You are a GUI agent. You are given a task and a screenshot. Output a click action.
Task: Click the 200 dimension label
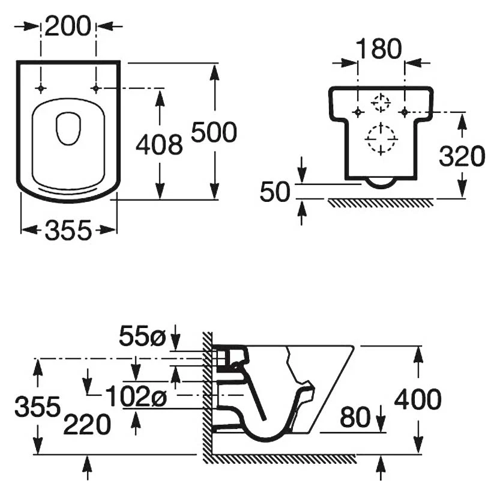(x=68, y=26)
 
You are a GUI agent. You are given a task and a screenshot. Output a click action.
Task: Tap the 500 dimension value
(x=214, y=132)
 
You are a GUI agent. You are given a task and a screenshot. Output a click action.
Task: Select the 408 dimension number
(x=159, y=145)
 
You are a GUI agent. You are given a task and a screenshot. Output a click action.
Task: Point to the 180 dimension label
(x=379, y=49)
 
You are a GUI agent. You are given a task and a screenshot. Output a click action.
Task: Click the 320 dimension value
(x=462, y=156)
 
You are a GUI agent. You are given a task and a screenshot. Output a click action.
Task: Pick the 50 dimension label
(x=275, y=192)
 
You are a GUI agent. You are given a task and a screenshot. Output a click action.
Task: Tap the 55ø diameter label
(x=142, y=336)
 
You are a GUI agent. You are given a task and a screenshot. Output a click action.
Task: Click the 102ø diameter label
(x=136, y=396)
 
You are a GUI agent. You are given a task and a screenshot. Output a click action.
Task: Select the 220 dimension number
(x=87, y=425)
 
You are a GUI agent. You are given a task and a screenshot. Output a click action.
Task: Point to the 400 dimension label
(x=418, y=399)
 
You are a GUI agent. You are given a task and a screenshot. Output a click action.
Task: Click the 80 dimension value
(x=355, y=418)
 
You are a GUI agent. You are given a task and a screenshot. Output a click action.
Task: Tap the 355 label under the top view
(x=68, y=231)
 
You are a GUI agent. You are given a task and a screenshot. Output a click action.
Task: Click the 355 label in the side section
(x=37, y=407)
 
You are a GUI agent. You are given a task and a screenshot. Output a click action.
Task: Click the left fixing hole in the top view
(x=40, y=88)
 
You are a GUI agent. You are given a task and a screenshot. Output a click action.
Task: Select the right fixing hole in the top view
(x=95, y=88)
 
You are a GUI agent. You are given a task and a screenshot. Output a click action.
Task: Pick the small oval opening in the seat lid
(x=68, y=129)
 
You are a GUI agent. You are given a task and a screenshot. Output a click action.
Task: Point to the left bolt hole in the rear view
(x=358, y=112)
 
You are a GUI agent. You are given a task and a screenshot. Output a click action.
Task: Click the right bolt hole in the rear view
(x=405, y=112)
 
